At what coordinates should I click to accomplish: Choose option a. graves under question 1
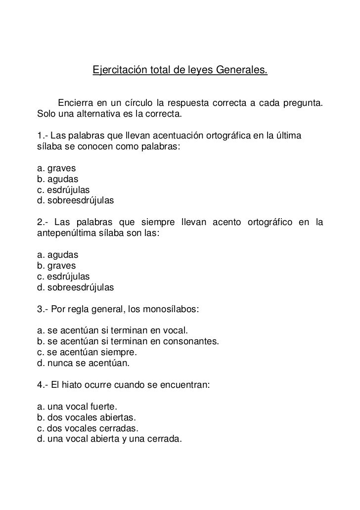(x=56, y=169)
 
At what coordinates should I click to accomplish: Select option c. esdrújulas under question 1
(x=64, y=190)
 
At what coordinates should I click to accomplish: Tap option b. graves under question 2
(x=56, y=267)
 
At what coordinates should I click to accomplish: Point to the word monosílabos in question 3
(x=171, y=310)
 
